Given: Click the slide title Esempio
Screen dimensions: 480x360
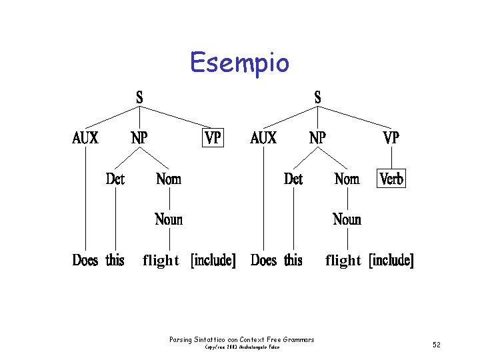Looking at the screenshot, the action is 239,63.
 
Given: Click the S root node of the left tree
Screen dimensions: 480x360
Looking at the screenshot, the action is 139,97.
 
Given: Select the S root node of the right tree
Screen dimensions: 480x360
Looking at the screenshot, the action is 317,97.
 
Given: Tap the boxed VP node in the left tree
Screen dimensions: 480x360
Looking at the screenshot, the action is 213,138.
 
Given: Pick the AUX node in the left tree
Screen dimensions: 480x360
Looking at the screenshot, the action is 85,138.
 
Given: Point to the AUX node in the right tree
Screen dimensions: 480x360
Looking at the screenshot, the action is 263,138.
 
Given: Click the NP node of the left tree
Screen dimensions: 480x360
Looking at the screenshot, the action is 139,138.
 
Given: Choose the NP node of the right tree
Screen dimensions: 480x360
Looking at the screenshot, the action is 317,138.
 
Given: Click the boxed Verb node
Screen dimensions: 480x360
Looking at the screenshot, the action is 391,179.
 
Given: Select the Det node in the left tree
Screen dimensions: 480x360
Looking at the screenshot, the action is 115,179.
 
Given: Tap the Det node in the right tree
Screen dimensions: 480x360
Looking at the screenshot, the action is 293,179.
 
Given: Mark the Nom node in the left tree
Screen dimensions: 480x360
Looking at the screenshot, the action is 169,179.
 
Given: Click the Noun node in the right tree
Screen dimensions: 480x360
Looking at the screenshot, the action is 347,219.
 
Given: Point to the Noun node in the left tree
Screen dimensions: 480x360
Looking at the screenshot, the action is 169,219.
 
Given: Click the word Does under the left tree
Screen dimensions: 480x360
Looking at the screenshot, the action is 85,260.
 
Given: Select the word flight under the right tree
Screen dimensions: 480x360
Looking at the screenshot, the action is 343,261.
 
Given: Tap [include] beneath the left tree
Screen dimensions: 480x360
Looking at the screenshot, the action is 213,260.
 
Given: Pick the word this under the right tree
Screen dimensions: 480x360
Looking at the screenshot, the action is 293,260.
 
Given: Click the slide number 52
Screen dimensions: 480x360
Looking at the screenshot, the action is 437,345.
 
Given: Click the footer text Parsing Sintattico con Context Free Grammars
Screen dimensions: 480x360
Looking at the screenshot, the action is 242,340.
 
